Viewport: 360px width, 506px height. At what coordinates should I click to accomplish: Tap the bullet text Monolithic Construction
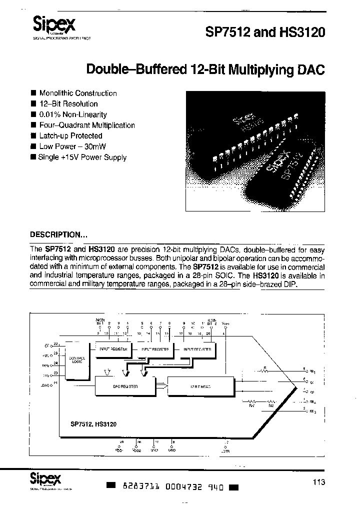77,93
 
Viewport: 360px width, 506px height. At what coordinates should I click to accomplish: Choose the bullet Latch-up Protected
70,136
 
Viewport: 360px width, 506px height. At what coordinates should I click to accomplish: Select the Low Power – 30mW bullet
72,146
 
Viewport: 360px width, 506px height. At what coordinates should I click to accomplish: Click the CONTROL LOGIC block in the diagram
77,360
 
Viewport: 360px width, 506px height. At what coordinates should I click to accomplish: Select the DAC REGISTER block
125,387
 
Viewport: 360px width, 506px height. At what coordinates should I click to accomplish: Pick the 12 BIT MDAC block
200,387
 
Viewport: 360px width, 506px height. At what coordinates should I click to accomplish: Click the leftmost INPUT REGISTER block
113,349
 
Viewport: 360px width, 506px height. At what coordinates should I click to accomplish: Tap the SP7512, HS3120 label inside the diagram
90,424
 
